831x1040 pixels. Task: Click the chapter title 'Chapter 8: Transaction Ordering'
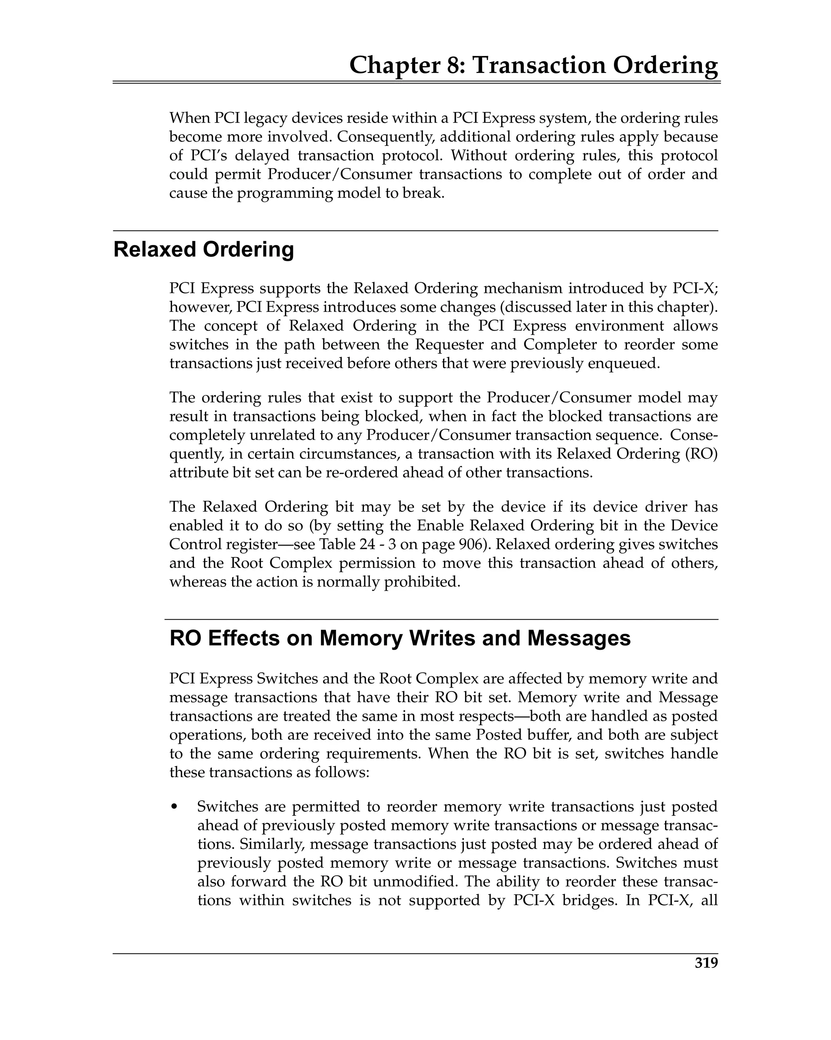[x=533, y=65]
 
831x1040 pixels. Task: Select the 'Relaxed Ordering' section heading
[x=203, y=249]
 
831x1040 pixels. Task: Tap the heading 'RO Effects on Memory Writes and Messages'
[x=400, y=638]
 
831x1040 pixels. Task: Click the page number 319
[x=706, y=977]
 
